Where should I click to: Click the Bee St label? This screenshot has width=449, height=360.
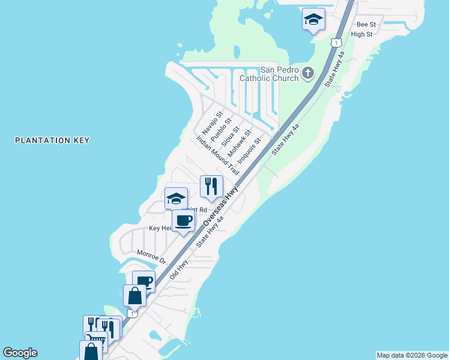[366, 25]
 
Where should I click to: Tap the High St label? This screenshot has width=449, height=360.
[361, 35]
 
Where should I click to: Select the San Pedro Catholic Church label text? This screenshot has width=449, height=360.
[269, 74]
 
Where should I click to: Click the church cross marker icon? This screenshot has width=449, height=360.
[307, 73]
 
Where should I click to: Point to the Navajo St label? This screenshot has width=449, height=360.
[212, 122]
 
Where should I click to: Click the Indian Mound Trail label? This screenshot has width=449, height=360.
[218, 155]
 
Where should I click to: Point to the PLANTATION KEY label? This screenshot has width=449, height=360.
[52, 140]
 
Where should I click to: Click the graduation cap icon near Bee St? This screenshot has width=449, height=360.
[313, 19]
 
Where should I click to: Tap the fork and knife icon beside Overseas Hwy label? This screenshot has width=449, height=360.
[211, 186]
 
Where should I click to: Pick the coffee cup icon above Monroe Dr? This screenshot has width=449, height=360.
[183, 220]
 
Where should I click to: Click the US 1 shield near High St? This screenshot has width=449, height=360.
[336, 43]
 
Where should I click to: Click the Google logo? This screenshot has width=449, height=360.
[20, 353]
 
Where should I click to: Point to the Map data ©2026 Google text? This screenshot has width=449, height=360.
[412, 355]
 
